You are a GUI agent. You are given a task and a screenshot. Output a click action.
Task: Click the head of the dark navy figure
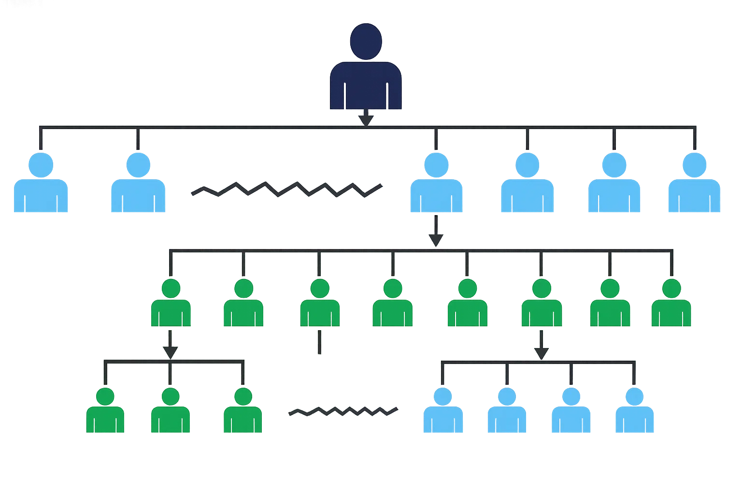366,42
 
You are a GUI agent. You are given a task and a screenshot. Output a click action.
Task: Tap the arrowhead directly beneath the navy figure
366,119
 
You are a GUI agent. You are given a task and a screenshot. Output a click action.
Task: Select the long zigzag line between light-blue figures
286,189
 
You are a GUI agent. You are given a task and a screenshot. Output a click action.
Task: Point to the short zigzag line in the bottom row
342,411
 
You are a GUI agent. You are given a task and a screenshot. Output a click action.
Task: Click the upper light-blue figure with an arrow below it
436,184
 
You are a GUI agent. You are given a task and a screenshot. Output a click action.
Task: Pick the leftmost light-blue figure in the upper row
41,184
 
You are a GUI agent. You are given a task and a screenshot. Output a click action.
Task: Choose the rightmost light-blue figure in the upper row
694,184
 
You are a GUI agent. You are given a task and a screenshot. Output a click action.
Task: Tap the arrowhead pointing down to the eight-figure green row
436,240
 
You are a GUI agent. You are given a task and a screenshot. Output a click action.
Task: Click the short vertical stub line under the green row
319,342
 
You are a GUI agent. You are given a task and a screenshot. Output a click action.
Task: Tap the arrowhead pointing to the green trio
170,351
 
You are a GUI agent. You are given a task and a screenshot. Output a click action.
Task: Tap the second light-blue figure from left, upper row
138,184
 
